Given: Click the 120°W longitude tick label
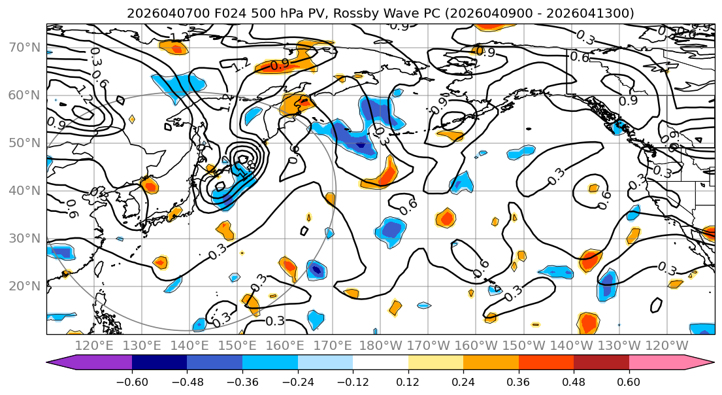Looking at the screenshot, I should coord(666,345).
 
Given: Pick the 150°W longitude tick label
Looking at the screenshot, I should coord(524,345).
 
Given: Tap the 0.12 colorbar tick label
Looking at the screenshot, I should coord(408,381).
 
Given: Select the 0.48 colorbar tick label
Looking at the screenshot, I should coord(574,381).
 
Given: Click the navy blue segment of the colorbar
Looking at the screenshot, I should coord(159,364).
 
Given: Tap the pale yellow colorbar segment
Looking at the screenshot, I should coord(435,364).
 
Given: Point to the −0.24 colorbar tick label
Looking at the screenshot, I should coord(297,381).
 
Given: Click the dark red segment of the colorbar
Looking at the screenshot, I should coord(601,364).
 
